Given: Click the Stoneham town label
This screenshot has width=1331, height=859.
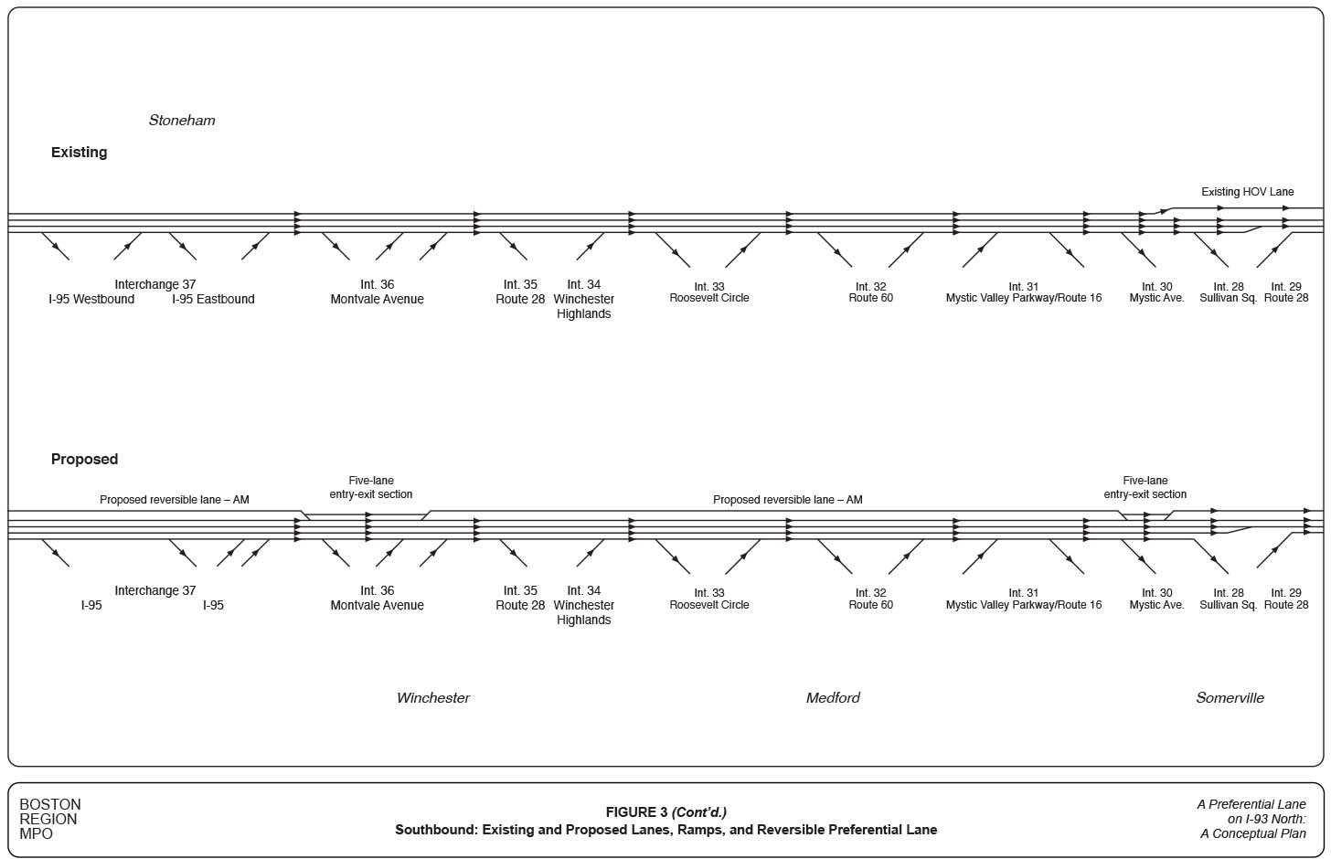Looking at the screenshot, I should (x=182, y=121).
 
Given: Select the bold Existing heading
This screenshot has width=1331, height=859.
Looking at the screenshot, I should (x=79, y=153).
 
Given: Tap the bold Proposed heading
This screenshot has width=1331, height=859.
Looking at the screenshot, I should (x=84, y=460).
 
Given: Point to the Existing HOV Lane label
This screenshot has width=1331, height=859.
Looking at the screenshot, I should (x=1247, y=192).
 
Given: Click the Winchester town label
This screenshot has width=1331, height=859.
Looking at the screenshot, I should (x=433, y=698).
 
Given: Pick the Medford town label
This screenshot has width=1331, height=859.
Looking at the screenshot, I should (x=833, y=698).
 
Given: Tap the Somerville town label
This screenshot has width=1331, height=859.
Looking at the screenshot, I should (x=1230, y=698).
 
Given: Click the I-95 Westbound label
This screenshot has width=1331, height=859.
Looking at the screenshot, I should (x=91, y=300).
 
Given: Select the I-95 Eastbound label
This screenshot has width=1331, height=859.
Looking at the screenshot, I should (x=213, y=300).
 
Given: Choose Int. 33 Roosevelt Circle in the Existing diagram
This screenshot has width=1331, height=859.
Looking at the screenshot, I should (x=709, y=292).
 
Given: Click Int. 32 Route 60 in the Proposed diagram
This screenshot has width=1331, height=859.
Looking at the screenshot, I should (x=870, y=599).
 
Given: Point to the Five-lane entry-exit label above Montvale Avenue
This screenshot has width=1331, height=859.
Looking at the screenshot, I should (x=371, y=488).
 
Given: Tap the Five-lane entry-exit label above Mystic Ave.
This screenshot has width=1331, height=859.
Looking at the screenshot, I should (x=1145, y=488).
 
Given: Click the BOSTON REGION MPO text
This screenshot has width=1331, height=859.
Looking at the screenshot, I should (x=50, y=819).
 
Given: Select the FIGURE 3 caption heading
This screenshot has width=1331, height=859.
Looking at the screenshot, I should (x=665, y=812).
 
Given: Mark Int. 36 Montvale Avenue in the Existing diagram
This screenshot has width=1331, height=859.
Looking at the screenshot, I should (x=377, y=292).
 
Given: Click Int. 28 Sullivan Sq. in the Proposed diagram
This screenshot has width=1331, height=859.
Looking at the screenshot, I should (x=1228, y=599).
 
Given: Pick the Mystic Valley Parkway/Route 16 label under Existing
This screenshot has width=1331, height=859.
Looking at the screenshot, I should (x=1024, y=298).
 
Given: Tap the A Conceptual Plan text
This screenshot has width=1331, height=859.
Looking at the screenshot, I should (x=1253, y=833).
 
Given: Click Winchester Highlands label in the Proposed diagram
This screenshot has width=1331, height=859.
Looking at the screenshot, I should (x=583, y=612).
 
